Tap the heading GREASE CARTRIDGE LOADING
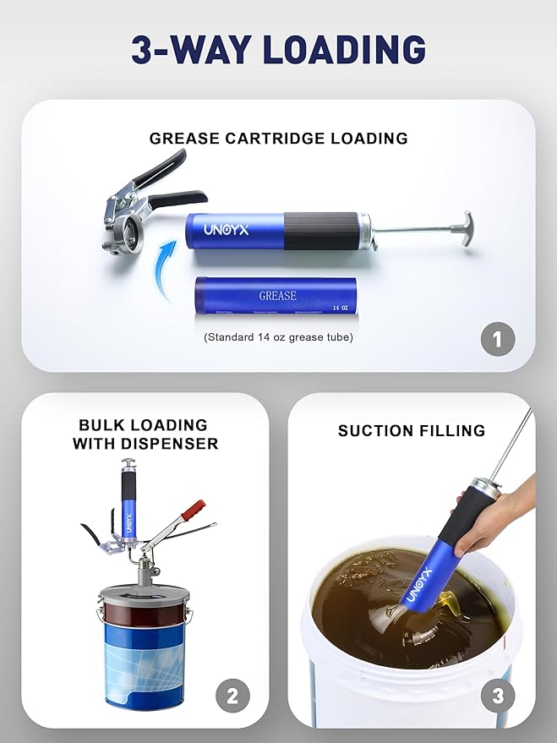tap(278, 138)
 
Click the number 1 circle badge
tap(497, 340)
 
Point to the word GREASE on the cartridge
tap(277, 296)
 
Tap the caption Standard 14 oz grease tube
tap(278, 337)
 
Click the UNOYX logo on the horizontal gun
tap(226, 229)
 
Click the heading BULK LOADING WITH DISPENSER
tap(145, 434)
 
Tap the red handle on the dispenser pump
tap(193, 511)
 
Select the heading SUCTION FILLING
tap(412, 431)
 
